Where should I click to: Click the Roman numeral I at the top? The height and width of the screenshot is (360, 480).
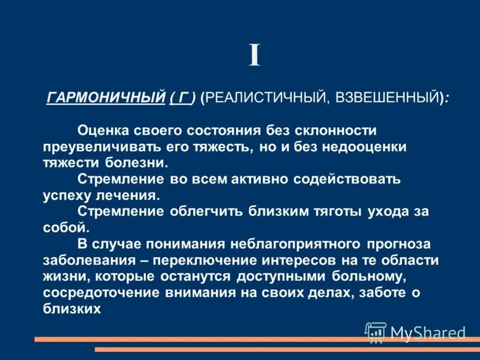coord(255,56)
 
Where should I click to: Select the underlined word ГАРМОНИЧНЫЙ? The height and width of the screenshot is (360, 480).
coord(106,96)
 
